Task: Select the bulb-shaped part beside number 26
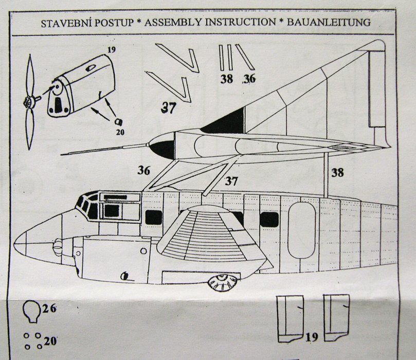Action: (31, 311)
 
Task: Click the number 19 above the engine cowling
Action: (113, 49)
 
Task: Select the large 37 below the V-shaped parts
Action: (169, 108)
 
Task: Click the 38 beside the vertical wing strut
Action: (337, 172)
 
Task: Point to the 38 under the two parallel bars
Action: (226, 79)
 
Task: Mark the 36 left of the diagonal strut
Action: (144, 170)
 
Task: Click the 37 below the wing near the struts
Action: (232, 181)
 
